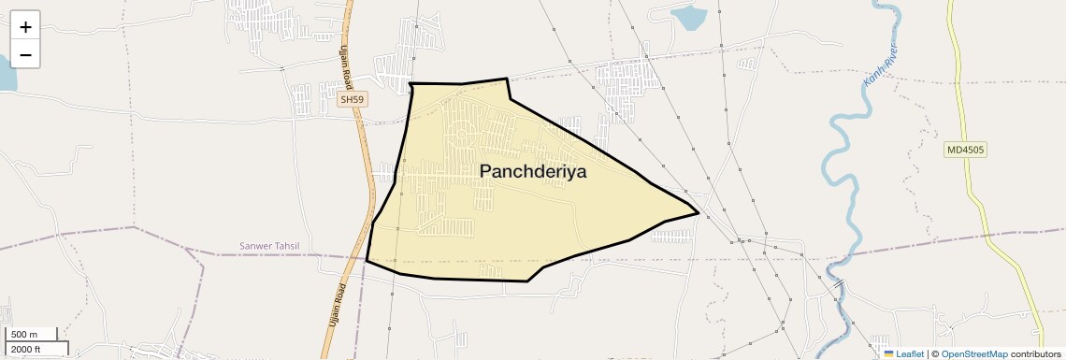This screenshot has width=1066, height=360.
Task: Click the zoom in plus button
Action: pos(25,27)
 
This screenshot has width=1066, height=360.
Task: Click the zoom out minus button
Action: pos(25,54)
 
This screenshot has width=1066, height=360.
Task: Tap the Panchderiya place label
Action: pos(533,171)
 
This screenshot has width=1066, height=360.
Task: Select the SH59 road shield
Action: pos(351,99)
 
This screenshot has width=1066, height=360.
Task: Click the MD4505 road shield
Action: pos(966,150)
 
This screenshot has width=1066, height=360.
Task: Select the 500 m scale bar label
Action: pos(25,334)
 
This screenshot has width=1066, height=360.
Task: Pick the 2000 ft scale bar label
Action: pos(27,349)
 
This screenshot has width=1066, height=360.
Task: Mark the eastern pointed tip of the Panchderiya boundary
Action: pos(699,213)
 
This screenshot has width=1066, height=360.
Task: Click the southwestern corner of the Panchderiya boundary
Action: pos(366,262)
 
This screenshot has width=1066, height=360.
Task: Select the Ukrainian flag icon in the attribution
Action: pos(889,353)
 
